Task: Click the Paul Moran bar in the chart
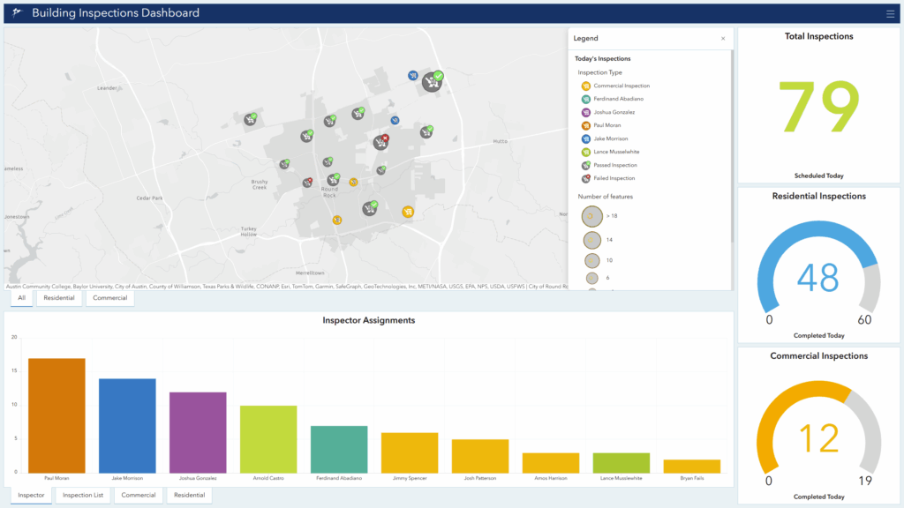coord(56,415)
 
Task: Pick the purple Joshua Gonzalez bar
coord(198,432)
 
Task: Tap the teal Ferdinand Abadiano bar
coord(339,449)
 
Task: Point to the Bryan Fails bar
coord(692,466)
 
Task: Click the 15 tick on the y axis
coord(14,370)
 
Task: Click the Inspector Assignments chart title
coord(368,320)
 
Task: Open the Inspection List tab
coord(83,496)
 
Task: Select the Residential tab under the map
coord(59,298)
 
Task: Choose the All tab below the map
coord(21,298)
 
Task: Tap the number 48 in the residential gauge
coord(817,278)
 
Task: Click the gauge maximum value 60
coord(864,320)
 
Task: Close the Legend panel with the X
coord(723,39)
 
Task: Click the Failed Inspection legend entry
coord(614,178)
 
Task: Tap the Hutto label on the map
coord(501,141)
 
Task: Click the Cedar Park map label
coord(149,198)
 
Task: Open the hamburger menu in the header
coord(890,13)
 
